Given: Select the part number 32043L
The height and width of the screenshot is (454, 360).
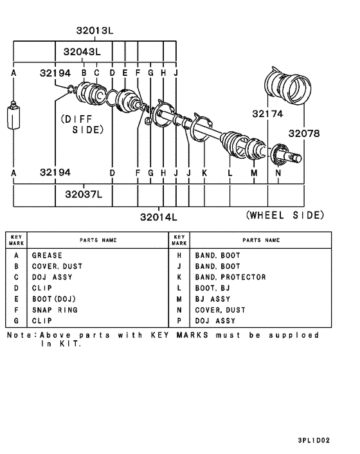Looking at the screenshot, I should coord(82,51).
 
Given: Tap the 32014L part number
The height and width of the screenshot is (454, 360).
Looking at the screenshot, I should coord(158,217).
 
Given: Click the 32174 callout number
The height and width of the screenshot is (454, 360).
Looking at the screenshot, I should coord(267,114).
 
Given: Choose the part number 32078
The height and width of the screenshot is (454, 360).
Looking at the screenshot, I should coord(303,133).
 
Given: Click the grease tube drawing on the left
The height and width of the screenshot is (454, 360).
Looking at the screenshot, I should coord(14,117).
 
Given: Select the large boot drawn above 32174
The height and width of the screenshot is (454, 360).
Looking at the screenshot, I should coord(288,84).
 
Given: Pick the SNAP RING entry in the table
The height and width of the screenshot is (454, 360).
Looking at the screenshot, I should coord(55,310).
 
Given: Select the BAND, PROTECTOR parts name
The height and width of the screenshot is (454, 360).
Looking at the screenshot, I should coord(230,277).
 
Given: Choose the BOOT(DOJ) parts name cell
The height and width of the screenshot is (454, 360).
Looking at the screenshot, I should coord(55,299).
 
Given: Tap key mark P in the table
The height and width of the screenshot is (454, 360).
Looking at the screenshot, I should coord(180,321).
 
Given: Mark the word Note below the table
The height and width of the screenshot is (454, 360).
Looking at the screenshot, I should coord(20,335).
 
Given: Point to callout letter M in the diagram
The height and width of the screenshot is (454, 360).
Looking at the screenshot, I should coord(254,174).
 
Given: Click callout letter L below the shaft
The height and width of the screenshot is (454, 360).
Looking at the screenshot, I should coord(230,174).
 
